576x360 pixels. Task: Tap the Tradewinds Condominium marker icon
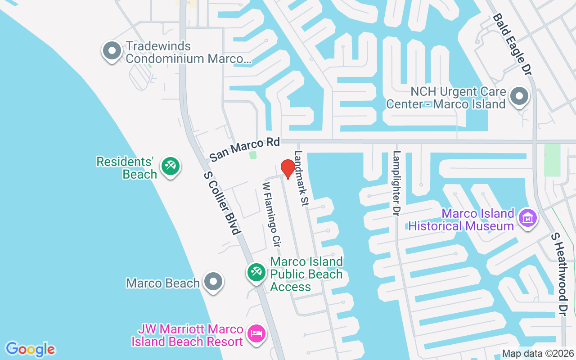coord(112,51)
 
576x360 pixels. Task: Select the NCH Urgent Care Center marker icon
coord(519,96)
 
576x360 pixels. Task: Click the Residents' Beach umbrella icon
coord(171,166)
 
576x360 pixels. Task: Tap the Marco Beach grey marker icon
coord(213,282)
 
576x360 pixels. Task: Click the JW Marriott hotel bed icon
coord(256,334)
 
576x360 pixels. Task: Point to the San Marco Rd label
coord(245,149)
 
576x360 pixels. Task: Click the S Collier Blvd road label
coord(220,202)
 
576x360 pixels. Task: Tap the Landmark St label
coord(300,178)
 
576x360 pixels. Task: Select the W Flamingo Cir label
coord(272,214)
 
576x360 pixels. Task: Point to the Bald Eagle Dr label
coord(513,44)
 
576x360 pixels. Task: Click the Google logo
coord(30,349)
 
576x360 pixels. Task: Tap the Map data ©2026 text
coord(538,354)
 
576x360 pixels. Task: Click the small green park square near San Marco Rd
coord(253,155)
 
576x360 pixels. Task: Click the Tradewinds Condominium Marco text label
coord(188,52)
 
